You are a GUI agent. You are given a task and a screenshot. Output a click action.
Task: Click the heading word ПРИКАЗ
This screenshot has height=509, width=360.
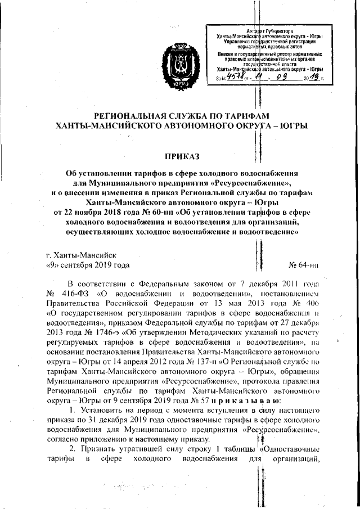click(x=181, y=155)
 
